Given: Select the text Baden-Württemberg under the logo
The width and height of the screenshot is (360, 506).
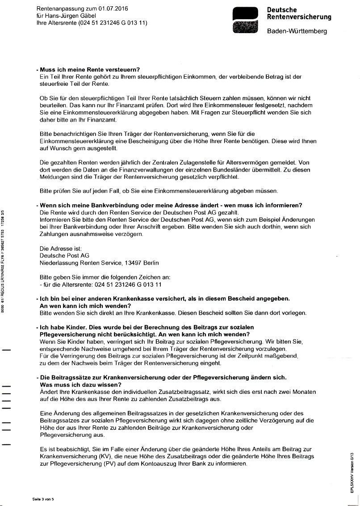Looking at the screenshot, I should (297, 31).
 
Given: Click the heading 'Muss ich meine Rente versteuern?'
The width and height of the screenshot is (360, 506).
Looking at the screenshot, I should (90, 70).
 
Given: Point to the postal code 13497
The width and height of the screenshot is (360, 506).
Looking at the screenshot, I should (132, 263).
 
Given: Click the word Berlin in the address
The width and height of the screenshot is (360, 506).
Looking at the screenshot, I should (151, 263).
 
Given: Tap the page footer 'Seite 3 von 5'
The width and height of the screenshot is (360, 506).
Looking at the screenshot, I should (43, 499).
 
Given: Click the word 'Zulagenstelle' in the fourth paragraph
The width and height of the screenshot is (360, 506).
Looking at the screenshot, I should (212, 162).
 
